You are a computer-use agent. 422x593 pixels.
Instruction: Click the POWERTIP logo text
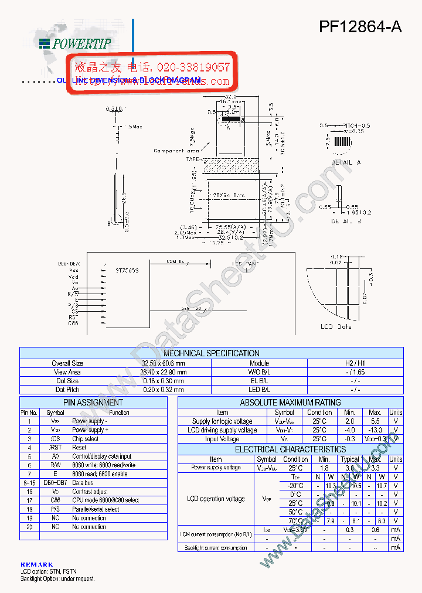tap(82, 43)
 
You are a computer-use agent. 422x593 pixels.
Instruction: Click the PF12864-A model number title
tap(360, 28)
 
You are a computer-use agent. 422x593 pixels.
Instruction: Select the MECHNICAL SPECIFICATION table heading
tap(212, 353)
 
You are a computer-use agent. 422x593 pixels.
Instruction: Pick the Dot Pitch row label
tap(68, 390)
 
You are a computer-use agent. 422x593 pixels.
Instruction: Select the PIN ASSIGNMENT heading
tap(93, 403)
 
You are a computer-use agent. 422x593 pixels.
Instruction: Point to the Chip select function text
tap(86, 439)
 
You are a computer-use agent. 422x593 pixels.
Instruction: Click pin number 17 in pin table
tap(29, 500)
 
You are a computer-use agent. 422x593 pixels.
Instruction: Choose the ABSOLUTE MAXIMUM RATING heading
tap(290, 403)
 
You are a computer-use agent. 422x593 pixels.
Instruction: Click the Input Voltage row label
tap(222, 439)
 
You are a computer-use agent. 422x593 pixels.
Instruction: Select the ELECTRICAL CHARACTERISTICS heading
tap(290, 449)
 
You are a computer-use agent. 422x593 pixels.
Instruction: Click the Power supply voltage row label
tap(216, 468)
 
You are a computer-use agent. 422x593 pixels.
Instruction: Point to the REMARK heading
tap(36, 564)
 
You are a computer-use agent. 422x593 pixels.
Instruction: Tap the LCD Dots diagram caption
tap(336, 326)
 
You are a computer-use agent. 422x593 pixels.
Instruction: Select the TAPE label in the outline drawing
tap(193, 159)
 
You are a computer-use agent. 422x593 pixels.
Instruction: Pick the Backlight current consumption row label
tap(216, 548)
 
